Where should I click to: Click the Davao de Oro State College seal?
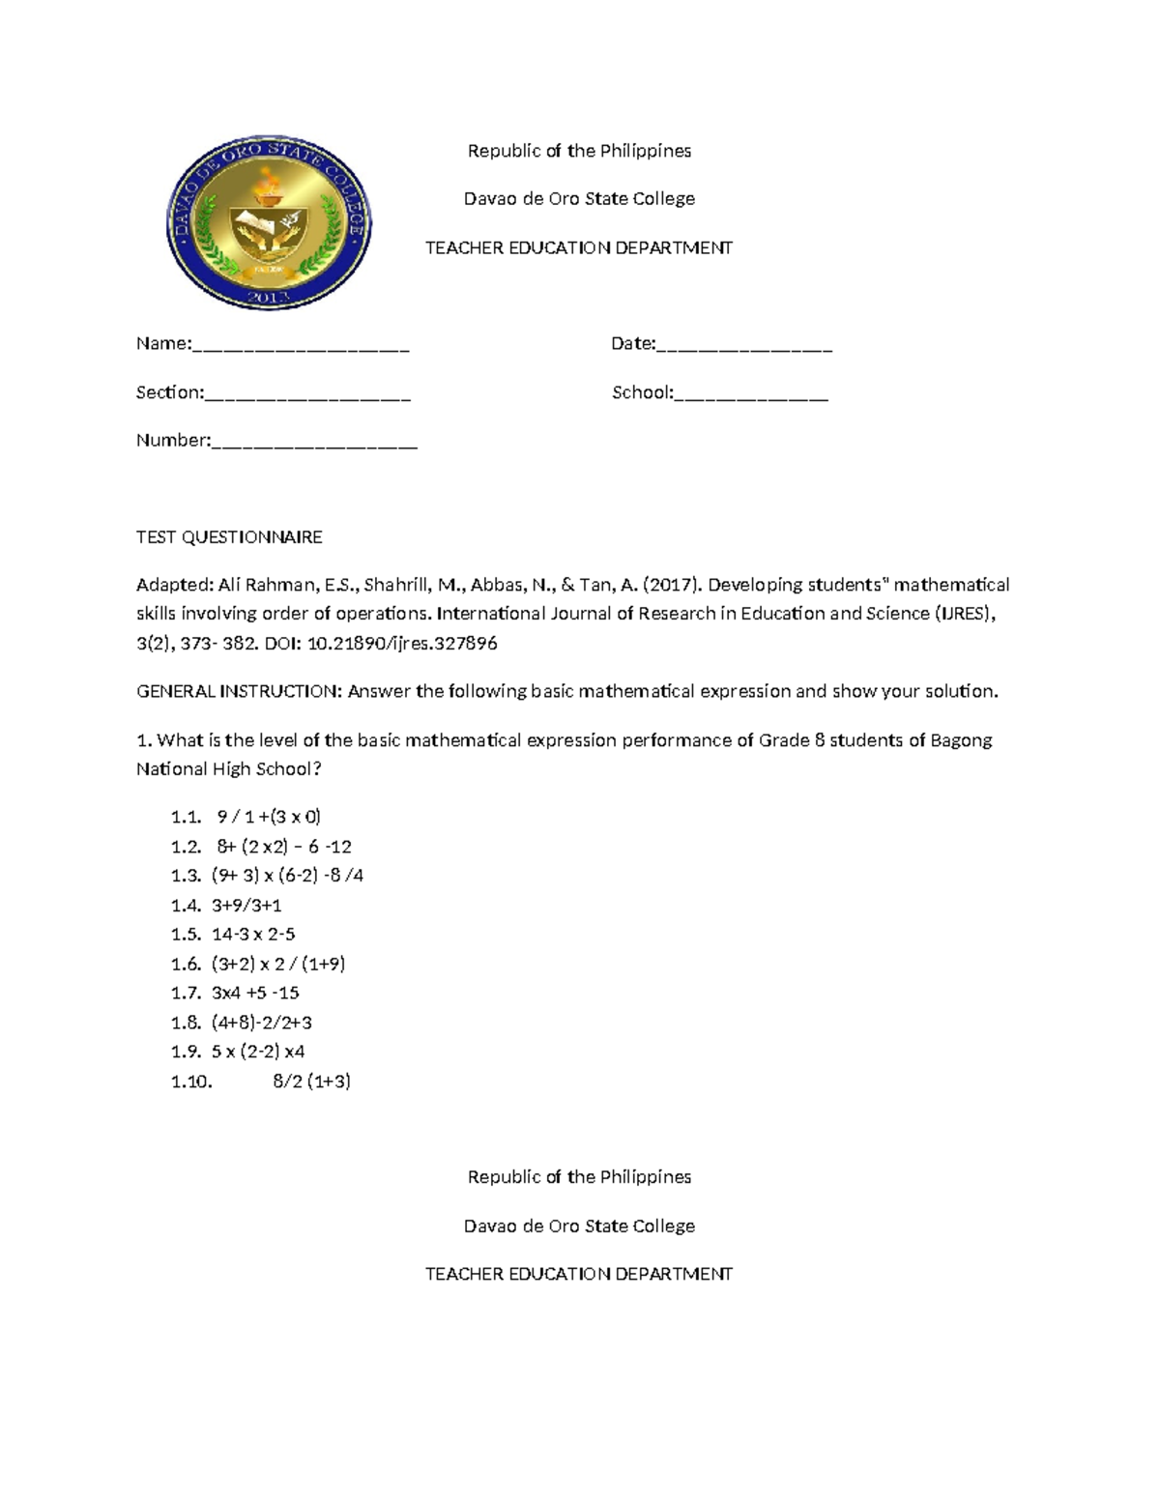[x=269, y=224]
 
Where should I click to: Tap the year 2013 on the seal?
[x=269, y=297]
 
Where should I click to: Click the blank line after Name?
[x=301, y=346]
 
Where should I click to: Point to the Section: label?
[x=170, y=392]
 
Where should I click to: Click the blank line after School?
[x=751, y=394]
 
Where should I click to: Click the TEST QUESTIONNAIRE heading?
[x=229, y=537]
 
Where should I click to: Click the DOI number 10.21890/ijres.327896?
[x=401, y=644]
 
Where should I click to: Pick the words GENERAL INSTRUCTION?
[x=239, y=692]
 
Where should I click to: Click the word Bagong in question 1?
[x=961, y=741]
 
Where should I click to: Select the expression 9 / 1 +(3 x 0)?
[x=269, y=817]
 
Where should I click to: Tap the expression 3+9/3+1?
[x=246, y=906]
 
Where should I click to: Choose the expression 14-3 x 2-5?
[x=253, y=935]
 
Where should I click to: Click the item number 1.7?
[x=186, y=993]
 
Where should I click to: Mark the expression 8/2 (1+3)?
[x=311, y=1082]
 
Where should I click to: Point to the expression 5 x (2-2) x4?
[x=258, y=1052]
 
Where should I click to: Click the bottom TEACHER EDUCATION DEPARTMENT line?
[x=579, y=1274]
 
